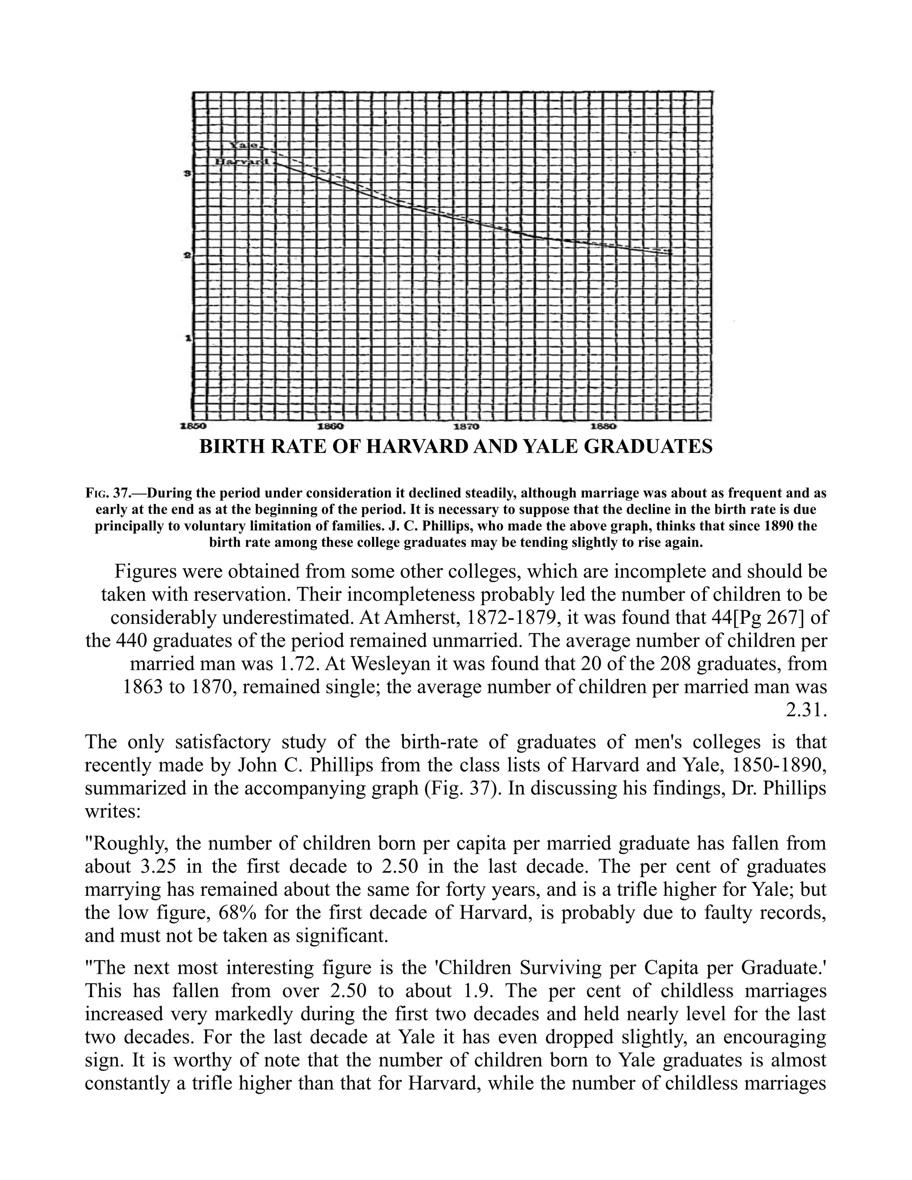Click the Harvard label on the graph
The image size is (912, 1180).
[243, 162]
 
